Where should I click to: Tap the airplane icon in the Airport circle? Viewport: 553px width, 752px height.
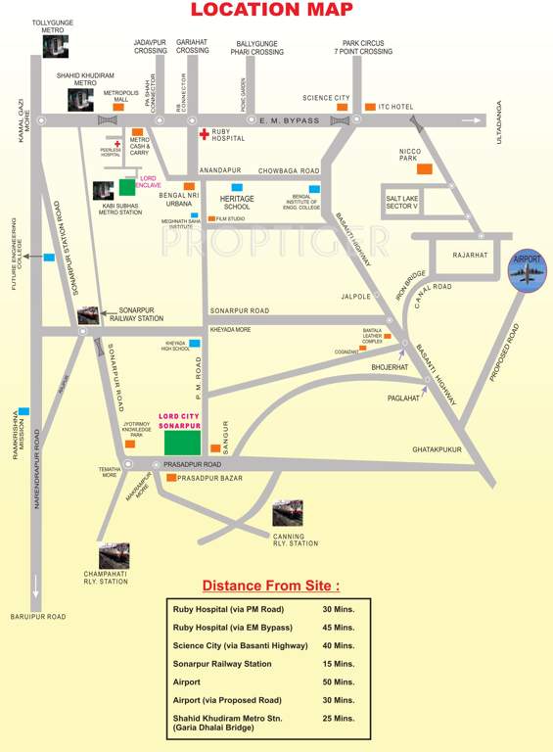529,275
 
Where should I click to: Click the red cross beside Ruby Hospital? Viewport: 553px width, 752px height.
204,133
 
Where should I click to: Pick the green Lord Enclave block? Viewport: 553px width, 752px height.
127,185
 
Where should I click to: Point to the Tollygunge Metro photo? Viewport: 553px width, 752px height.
57,46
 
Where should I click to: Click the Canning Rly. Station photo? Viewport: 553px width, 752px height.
288,512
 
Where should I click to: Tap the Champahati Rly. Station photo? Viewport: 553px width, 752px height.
114,556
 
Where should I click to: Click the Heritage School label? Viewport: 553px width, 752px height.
237,203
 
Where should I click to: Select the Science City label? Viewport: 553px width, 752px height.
326,98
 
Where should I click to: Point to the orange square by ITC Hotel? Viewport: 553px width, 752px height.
370,106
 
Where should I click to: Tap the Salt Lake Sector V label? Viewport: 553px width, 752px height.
402,201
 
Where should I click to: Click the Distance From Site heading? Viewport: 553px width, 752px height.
271,587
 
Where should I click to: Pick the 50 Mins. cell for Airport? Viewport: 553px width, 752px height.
338,681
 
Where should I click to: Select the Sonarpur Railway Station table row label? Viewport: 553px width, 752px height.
222,663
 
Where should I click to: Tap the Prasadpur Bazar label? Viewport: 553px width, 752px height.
209,477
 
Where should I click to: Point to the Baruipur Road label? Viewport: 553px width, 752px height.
38,616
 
